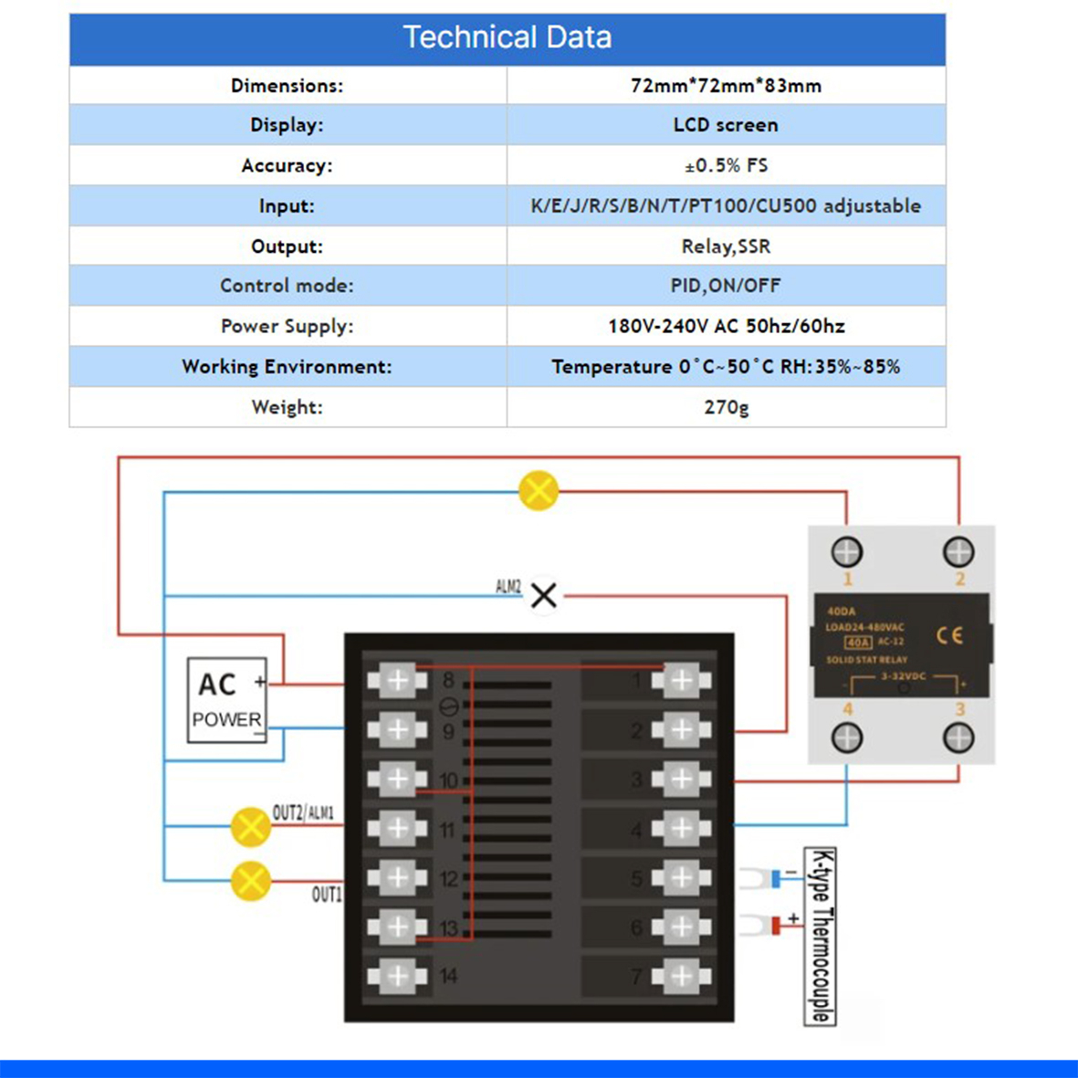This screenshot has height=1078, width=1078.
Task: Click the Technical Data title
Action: click(508, 37)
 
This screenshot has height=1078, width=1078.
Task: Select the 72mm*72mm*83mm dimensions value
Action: click(726, 86)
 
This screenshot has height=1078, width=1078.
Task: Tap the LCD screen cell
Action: click(726, 125)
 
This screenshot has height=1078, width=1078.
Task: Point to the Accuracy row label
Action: click(287, 165)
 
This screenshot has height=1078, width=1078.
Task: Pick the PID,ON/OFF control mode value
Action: click(726, 286)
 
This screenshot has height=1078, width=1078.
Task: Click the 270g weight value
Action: click(726, 407)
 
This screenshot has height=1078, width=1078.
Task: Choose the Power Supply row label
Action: click(287, 326)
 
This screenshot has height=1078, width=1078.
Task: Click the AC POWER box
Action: click(226, 700)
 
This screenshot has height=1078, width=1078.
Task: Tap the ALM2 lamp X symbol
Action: click(544, 596)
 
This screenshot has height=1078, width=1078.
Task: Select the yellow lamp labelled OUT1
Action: click(250, 881)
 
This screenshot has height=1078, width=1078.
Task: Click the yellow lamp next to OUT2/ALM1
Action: click(250, 827)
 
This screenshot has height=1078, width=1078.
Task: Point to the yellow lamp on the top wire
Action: click(539, 491)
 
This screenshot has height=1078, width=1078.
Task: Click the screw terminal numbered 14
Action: click(398, 976)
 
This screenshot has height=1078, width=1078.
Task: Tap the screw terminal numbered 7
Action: click(681, 976)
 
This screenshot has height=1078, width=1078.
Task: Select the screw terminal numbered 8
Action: click(398, 680)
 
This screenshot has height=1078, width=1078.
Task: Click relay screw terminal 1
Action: click(847, 551)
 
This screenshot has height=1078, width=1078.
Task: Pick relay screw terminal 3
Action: click(958, 738)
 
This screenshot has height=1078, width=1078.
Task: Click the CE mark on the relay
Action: click(949, 634)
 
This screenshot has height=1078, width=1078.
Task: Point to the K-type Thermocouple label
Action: click(821, 937)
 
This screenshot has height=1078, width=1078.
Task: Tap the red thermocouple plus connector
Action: click(774, 926)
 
